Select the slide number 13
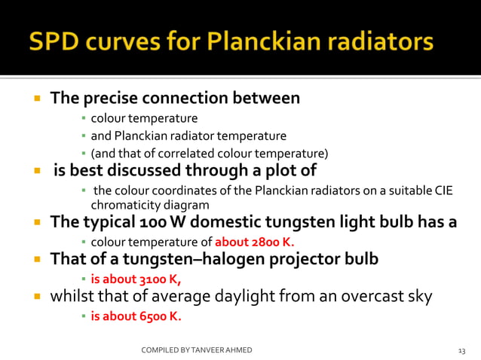(462, 350)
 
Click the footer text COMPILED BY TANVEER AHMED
(197, 350)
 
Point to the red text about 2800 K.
(255, 242)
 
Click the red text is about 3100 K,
(136, 277)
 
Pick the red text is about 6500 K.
(136, 316)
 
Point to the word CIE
(444, 189)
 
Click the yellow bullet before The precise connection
(35, 99)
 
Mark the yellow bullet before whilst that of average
(35, 296)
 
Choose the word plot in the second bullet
(282, 170)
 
